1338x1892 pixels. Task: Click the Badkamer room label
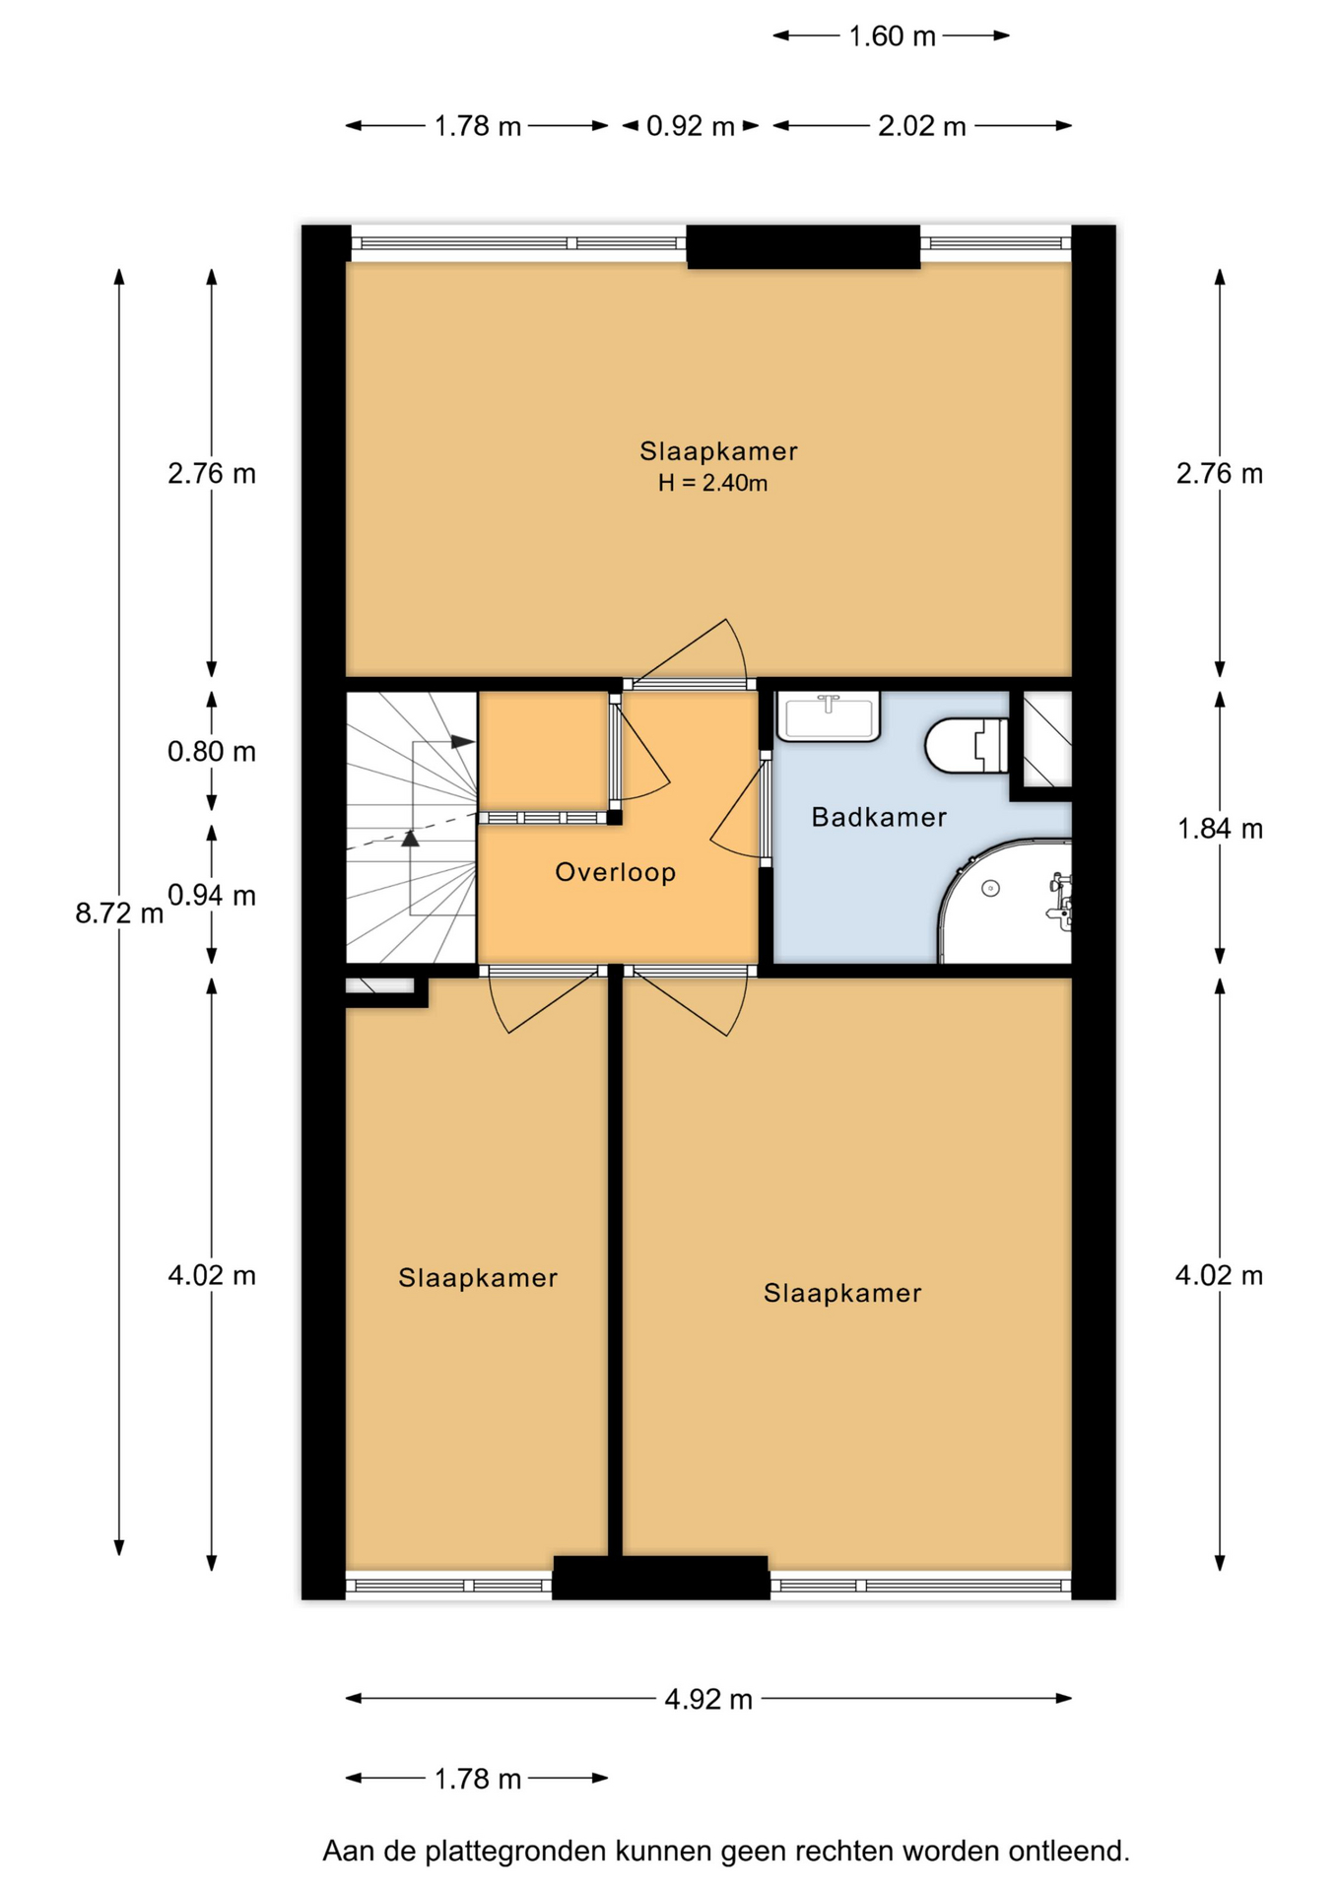click(x=879, y=817)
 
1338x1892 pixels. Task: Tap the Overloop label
click(x=616, y=872)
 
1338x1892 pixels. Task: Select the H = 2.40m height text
click(x=713, y=483)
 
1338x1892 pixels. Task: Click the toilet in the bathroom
click(x=967, y=745)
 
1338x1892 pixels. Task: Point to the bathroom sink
click(x=829, y=715)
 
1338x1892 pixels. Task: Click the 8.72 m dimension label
click(x=119, y=913)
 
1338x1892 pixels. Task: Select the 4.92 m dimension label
click(x=708, y=1699)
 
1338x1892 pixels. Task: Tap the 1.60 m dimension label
click(x=892, y=36)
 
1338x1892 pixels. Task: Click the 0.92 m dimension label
click(x=691, y=126)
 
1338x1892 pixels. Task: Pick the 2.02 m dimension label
click(x=922, y=126)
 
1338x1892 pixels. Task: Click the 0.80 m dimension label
click(x=212, y=752)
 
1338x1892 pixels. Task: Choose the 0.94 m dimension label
click(x=212, y=896)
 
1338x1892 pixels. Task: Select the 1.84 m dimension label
click(x=1220, y=829)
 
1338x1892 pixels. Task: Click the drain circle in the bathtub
click(x=991, y=889)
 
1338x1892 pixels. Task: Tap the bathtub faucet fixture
click(x=1059, y=900)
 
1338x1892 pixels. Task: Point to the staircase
click(x=412, y=828)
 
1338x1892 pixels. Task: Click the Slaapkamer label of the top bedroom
click(x=718, y=451)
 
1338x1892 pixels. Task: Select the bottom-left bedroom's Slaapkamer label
click(x=478, y=1278)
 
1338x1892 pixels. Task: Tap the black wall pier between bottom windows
click(x=660, y=1577)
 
